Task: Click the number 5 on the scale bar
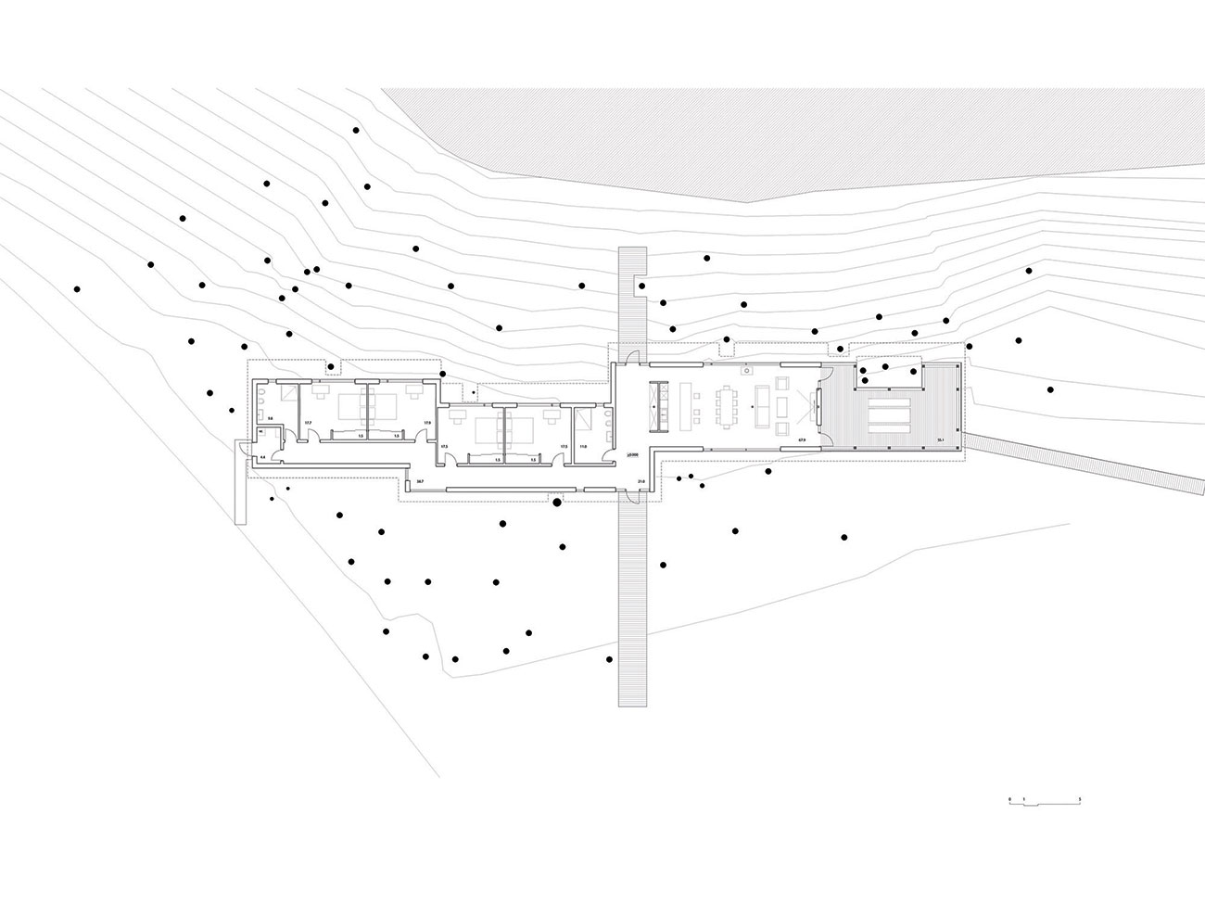click(1081, 797)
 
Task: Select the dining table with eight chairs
click(729, 405)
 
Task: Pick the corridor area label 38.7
click(419, 481)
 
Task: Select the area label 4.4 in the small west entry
click(262, 457)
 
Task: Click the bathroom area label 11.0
click(584, 447)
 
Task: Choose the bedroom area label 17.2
click(307, 424)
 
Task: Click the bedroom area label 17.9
click(427, 424)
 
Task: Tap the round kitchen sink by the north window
click(744, 370)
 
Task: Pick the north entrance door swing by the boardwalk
click(629, 355)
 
